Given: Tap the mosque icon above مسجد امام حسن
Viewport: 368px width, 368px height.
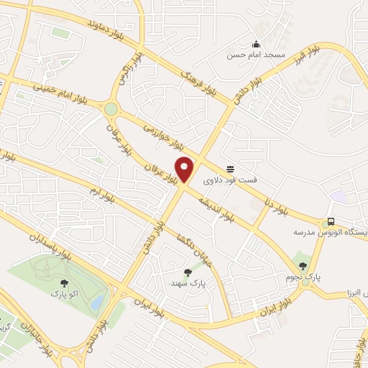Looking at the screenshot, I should point(257,44).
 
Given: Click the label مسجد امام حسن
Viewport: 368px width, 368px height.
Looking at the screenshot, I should point(257,55).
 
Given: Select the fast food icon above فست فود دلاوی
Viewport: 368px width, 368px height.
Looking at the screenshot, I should point(230,169).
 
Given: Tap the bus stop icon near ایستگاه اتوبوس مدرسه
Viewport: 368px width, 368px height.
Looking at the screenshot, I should point(331,221).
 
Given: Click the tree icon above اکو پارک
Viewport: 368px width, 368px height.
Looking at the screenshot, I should point(65,282).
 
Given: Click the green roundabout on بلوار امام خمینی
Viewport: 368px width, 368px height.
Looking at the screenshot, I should point(111,109).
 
